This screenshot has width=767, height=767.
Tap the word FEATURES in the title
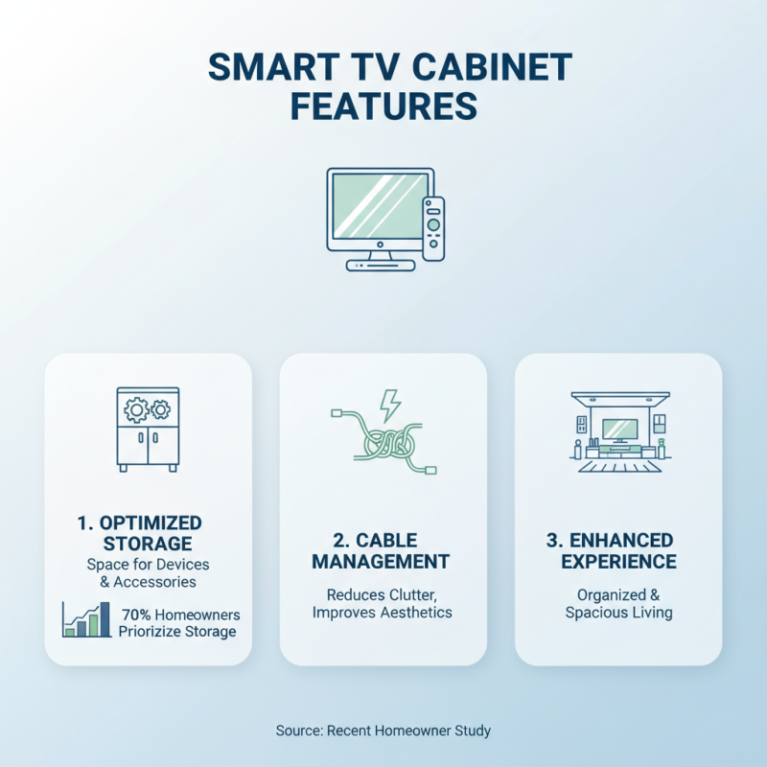383,106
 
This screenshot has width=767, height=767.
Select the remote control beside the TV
433,228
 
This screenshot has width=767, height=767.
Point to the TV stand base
381,264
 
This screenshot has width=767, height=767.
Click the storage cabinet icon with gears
148,428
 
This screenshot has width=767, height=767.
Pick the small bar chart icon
84,619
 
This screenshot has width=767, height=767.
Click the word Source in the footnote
297,731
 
